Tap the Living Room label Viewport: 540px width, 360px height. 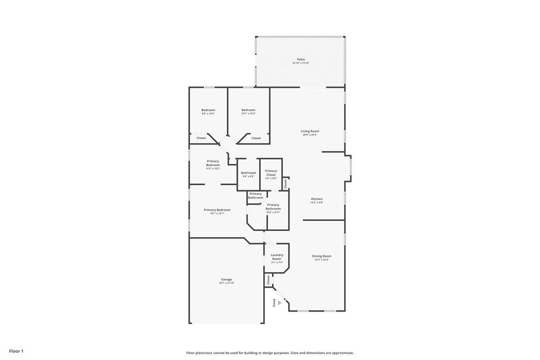(x=310, y=131)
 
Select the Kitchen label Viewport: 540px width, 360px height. (x=317, y=199)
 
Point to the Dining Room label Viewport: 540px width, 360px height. (x=321, y=256)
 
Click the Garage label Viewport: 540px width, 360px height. (x=227, y=278)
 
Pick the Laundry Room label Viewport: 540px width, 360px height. (x=276, y=257)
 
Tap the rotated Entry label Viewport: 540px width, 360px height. (x=274, y=303)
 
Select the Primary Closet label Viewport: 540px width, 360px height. (x=271, y=172)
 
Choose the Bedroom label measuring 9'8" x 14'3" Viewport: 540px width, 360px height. (x=208, y=110)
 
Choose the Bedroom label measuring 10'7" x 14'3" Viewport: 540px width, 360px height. (x=248, y=110)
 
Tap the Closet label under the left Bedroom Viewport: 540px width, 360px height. (x=201, y=138)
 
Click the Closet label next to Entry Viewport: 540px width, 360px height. (x=268, y=278)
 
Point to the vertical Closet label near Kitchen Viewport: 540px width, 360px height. (x=286, y=183)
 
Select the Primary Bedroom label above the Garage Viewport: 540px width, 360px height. (x=217, y=210)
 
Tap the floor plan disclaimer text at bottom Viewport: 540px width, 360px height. (x=270, y=353)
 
